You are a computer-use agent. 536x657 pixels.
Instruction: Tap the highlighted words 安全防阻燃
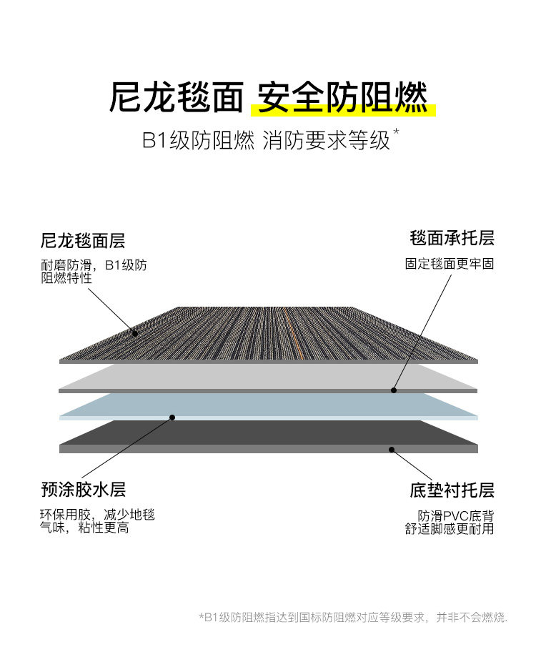342,97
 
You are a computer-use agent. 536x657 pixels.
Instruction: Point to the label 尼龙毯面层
83,241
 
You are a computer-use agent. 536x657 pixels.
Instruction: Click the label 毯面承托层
452,237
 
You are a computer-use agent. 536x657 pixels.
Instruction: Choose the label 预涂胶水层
83,490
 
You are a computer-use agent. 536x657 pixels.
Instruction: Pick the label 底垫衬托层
452,490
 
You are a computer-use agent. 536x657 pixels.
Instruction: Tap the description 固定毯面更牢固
450,264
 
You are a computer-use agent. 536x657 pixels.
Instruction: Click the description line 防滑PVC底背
456,515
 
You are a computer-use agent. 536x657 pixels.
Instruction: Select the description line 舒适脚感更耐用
450,529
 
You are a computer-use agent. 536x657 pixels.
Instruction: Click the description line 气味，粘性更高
84,529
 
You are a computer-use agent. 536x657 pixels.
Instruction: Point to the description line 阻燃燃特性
66,278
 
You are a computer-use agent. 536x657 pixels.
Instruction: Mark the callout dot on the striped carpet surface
134,332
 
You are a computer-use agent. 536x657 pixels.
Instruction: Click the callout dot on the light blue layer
172,417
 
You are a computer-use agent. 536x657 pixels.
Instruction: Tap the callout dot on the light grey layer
393,390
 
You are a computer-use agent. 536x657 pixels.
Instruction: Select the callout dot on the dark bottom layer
391,449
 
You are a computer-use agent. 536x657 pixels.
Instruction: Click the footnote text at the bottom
352,617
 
